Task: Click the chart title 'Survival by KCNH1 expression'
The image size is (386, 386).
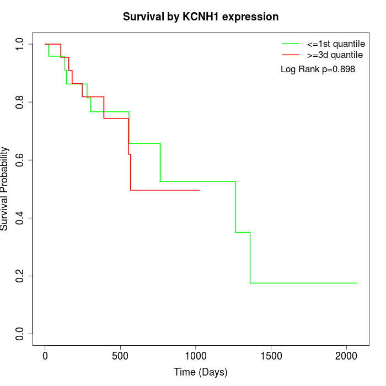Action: coord(200,17)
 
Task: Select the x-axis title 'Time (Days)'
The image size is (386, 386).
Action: coord(200,372)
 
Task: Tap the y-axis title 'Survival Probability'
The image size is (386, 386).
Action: coord(5,189)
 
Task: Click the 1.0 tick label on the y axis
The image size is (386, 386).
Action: coord(20,44)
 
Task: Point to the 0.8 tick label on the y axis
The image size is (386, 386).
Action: coord(20,102)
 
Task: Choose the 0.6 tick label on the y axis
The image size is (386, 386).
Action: coord(20,160)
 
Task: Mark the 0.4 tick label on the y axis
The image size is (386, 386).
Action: coord(20,218)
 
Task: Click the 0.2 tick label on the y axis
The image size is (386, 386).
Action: coord(20,276)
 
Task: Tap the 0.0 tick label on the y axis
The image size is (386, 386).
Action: coord(20,334)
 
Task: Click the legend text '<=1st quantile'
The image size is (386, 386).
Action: coord(335,43)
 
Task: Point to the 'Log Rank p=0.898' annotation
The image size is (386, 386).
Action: coord(318,69)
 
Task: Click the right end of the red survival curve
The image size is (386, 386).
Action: coord(199,190)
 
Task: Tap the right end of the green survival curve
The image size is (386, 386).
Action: coord(357,283)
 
